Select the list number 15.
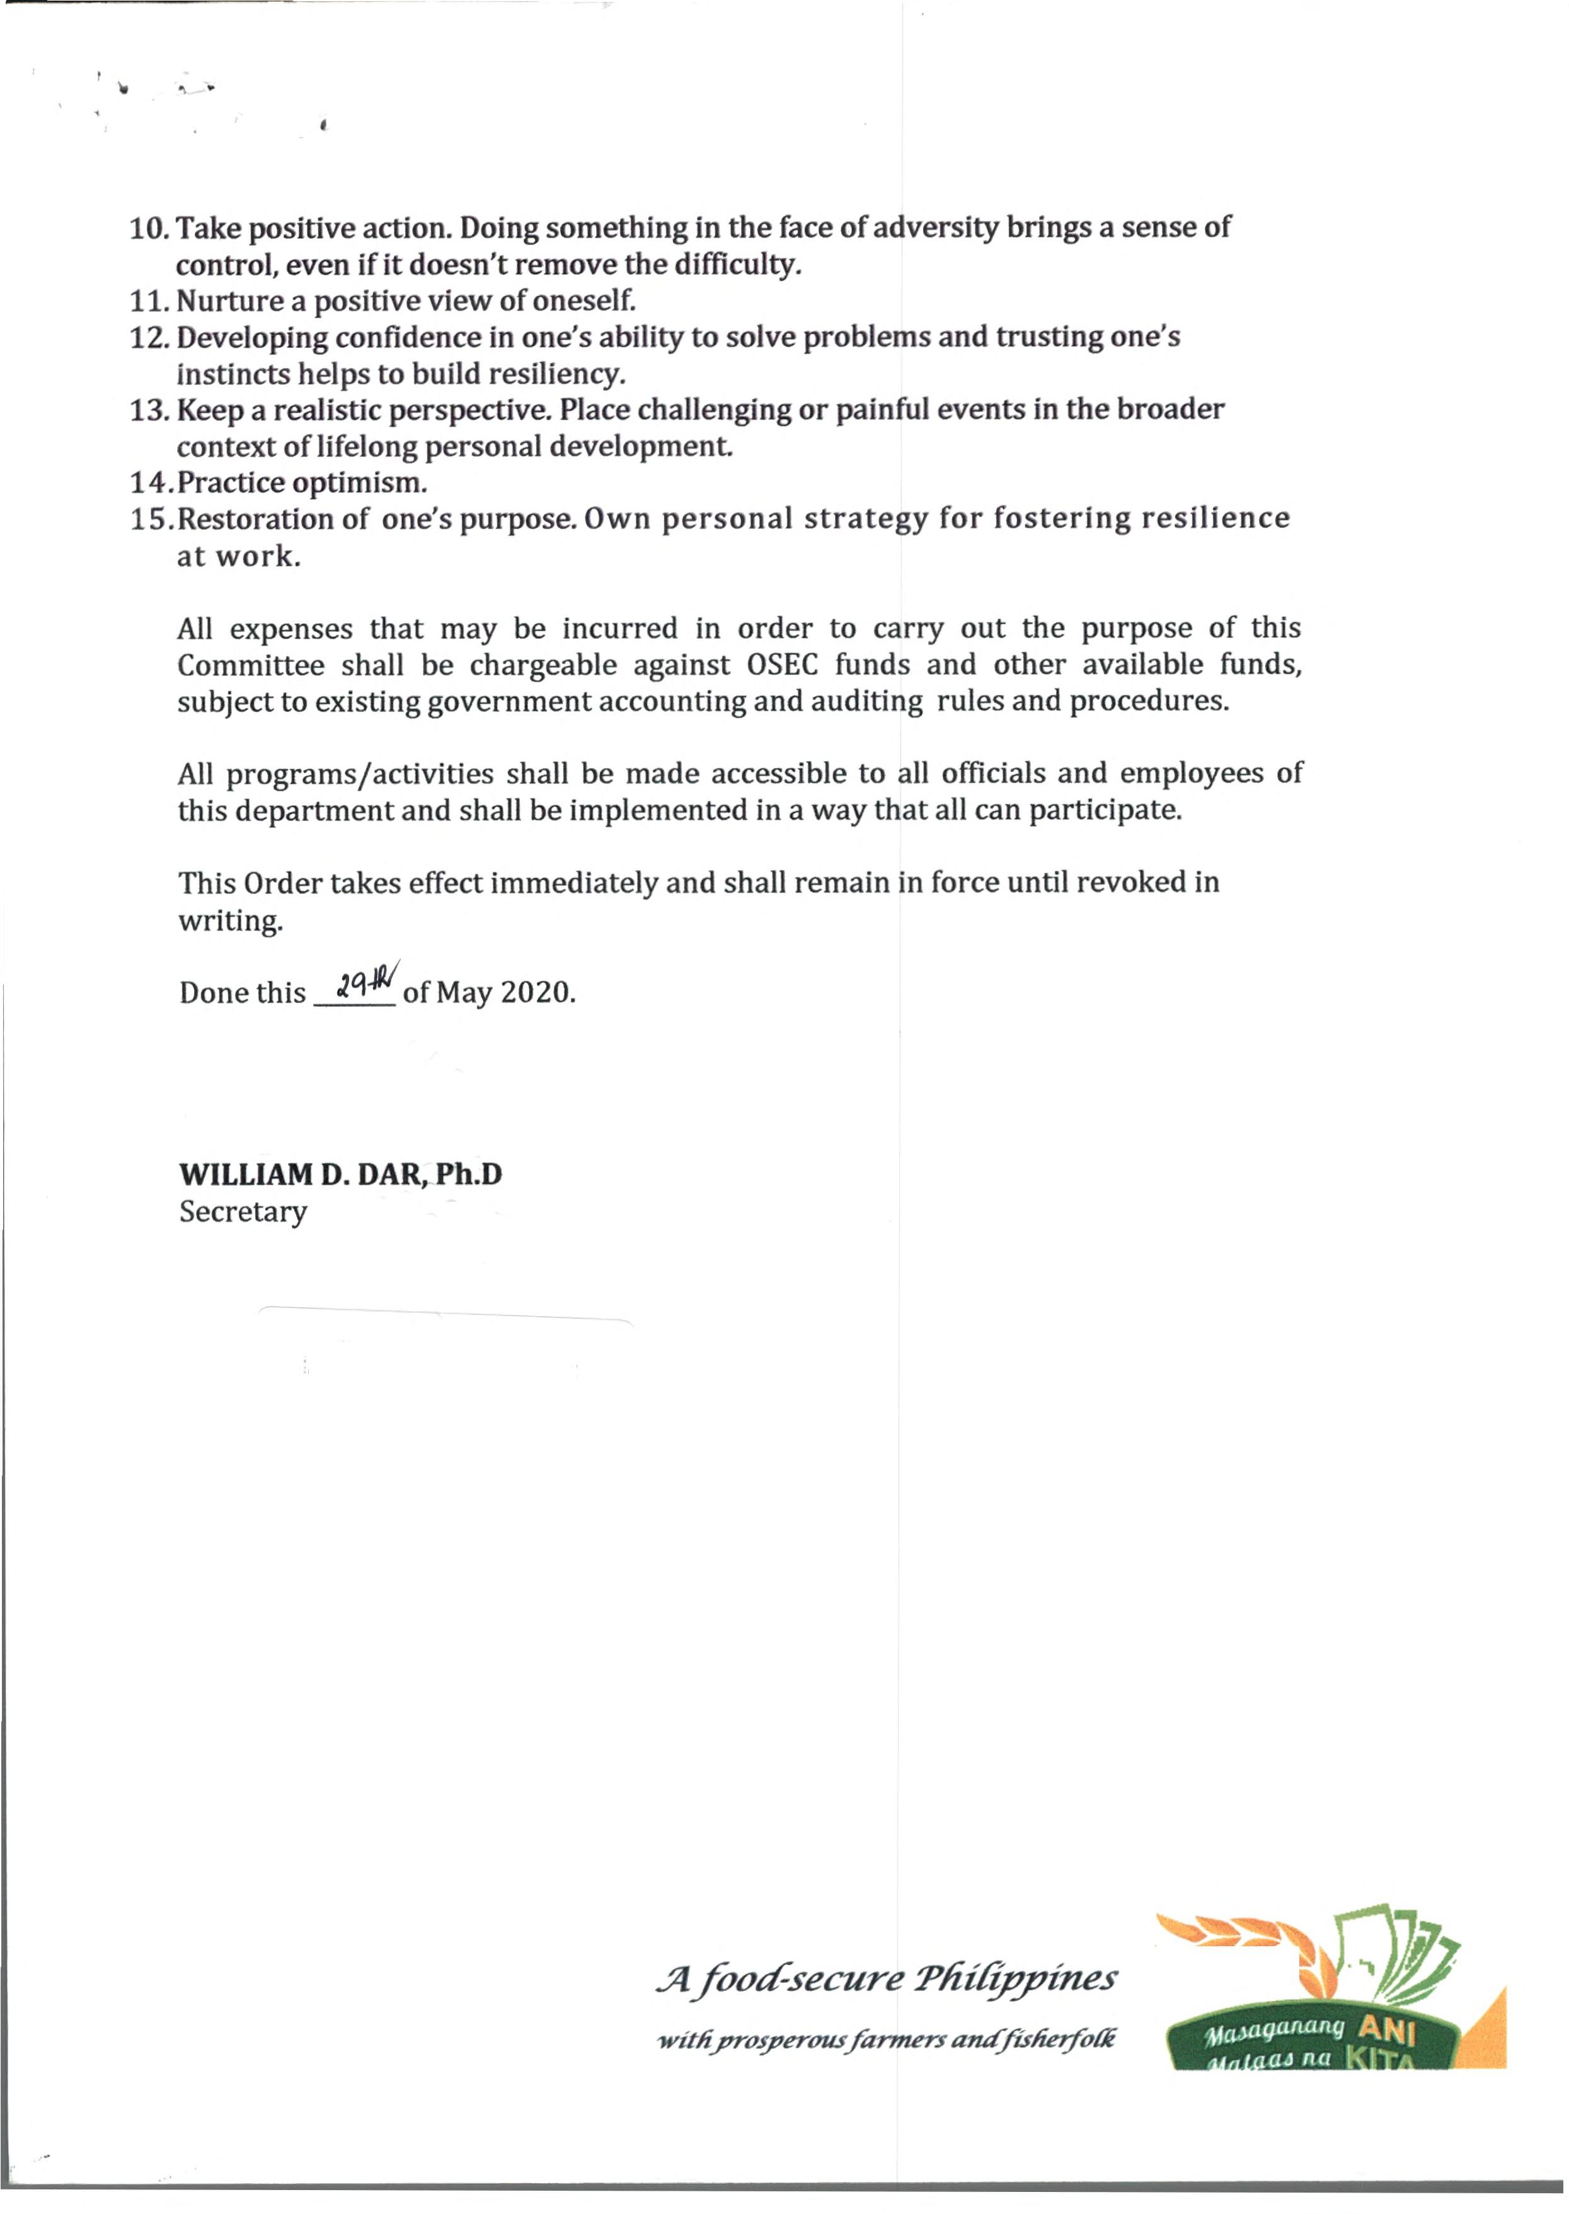(x=150, y=520)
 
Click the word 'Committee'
(x=250, y=665)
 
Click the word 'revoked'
(x=1130, y=882)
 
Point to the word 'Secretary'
(x=243, y=1212)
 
